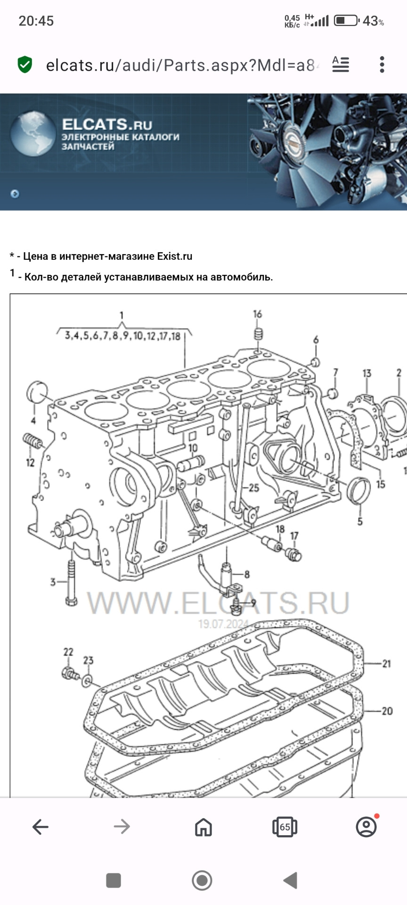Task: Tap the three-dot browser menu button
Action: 382,65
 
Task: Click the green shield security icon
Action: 24,65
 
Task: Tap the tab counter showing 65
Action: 285,827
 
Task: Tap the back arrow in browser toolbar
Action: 41,826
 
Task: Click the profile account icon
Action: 366,826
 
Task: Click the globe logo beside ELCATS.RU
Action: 33,133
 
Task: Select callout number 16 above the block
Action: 257,314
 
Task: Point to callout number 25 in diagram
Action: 254,487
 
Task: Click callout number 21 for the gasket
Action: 386,664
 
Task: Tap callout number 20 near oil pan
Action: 387,711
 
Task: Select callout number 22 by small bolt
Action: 68,652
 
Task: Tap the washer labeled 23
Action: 87,681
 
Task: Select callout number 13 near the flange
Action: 366,373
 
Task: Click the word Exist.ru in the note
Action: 174,256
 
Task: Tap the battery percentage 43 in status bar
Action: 370,21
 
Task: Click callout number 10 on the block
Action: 193,448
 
